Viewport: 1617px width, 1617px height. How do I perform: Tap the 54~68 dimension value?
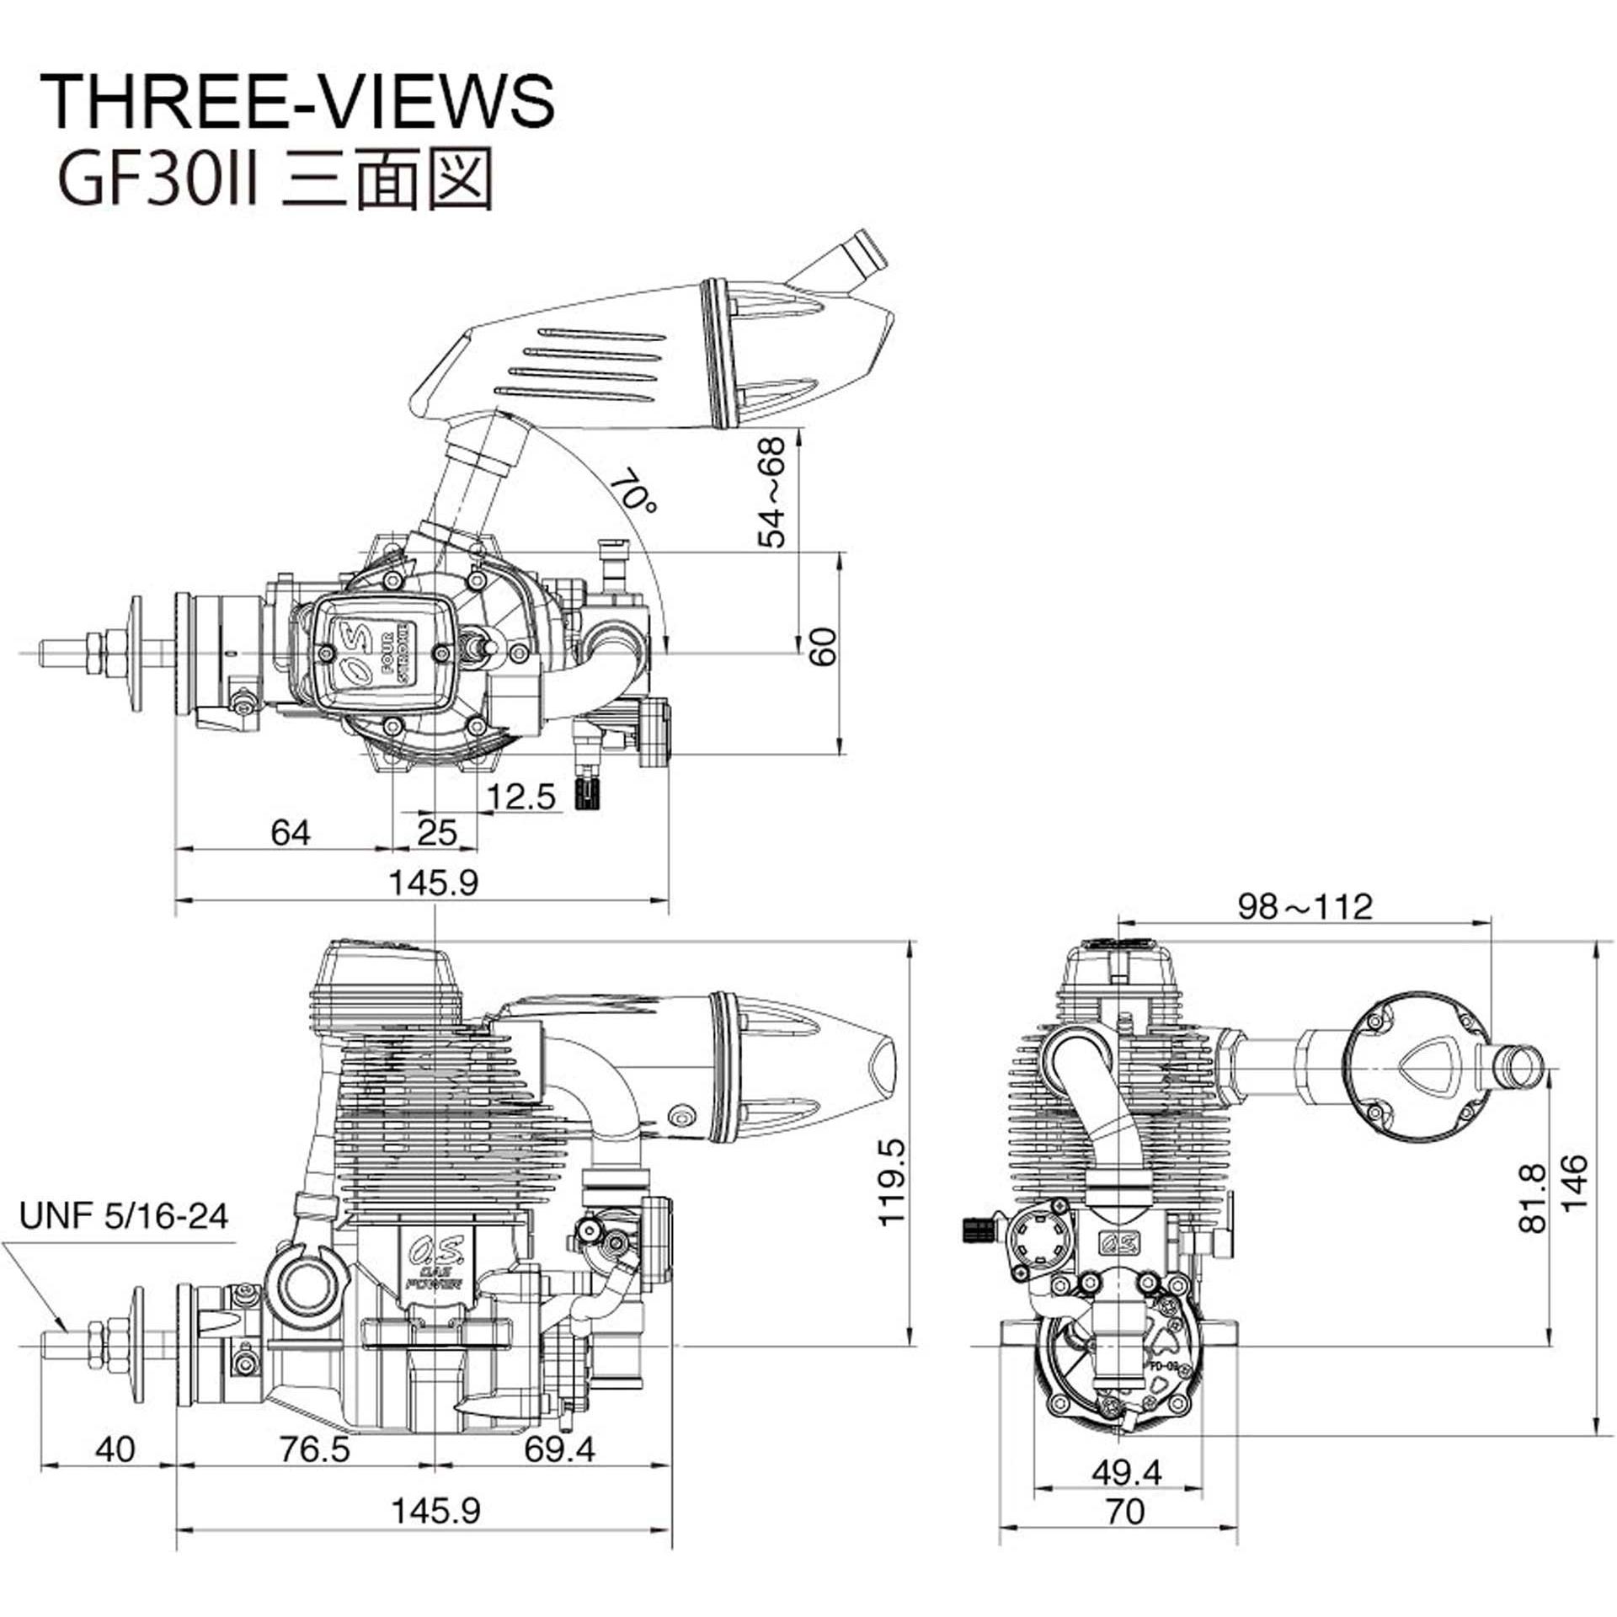click(771, 492)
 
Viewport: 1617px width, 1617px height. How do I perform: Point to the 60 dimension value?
click(823, 647)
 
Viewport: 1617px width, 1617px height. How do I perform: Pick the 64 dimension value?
click(291, 832)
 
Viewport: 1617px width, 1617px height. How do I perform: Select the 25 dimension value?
click(437, 833)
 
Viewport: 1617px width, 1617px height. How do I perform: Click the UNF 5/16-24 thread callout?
click(125, 1216)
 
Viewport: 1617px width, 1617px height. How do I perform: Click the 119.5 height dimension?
click(890, 1182)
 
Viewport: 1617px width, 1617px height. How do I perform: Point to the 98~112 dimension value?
click(1305, 906)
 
